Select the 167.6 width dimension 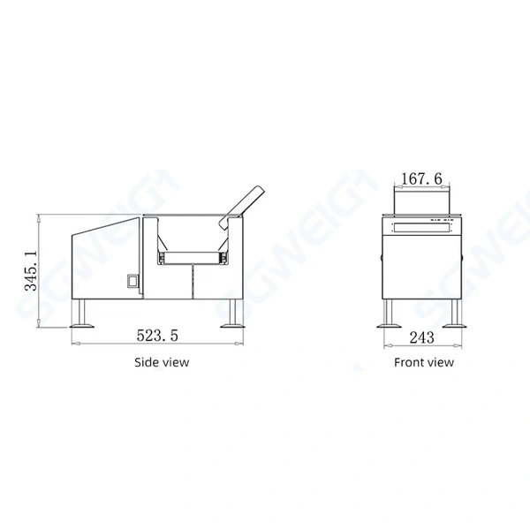[420, 179]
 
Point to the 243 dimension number [421, 337]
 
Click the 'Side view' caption [161, 361]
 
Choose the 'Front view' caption [424, 361]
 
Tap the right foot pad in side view [235, 324]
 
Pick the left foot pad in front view [387, 324]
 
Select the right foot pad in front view [456, 324]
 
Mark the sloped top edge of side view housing [106, 226]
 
